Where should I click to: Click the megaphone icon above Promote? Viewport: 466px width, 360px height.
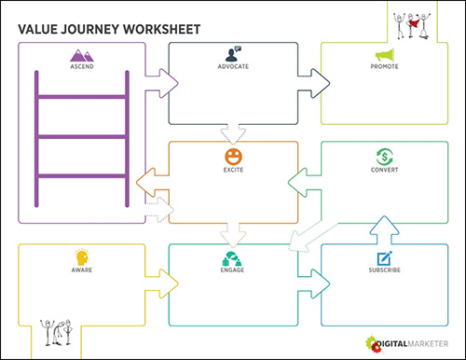386,56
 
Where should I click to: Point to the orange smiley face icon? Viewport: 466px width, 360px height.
233,155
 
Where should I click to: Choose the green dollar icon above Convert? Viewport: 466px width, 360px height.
384,156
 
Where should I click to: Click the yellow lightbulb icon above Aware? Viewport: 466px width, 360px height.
81,256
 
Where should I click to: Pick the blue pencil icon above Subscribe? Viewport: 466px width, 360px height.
384,257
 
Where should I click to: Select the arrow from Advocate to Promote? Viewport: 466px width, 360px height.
313,81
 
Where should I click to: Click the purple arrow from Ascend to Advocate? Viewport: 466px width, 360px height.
164,81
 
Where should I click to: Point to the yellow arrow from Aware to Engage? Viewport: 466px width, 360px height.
163,279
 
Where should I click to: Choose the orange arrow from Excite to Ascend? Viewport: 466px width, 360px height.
149,177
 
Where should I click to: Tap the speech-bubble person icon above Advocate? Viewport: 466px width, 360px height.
233,53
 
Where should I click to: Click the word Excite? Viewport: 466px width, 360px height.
233,171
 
